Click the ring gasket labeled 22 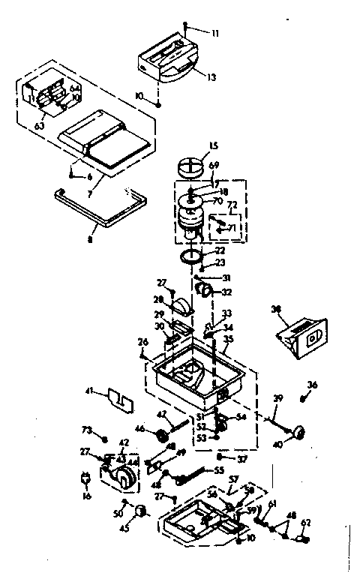tap(193, 258)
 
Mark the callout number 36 tap(312, 385)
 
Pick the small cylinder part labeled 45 tap(139, 511)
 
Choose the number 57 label tap(233, 478)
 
